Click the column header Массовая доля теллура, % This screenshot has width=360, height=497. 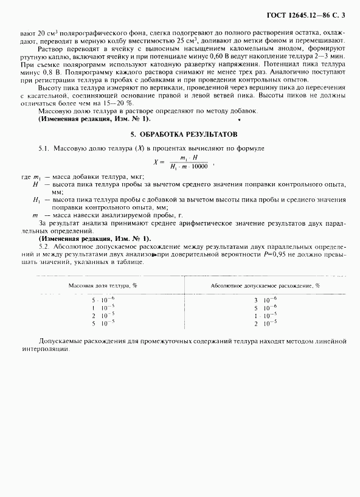[102, 285]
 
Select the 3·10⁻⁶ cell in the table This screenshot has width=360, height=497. [265, 301]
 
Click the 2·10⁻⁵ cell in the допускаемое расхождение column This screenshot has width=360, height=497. [265, 324]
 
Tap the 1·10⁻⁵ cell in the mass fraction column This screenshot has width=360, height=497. [100, 308]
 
